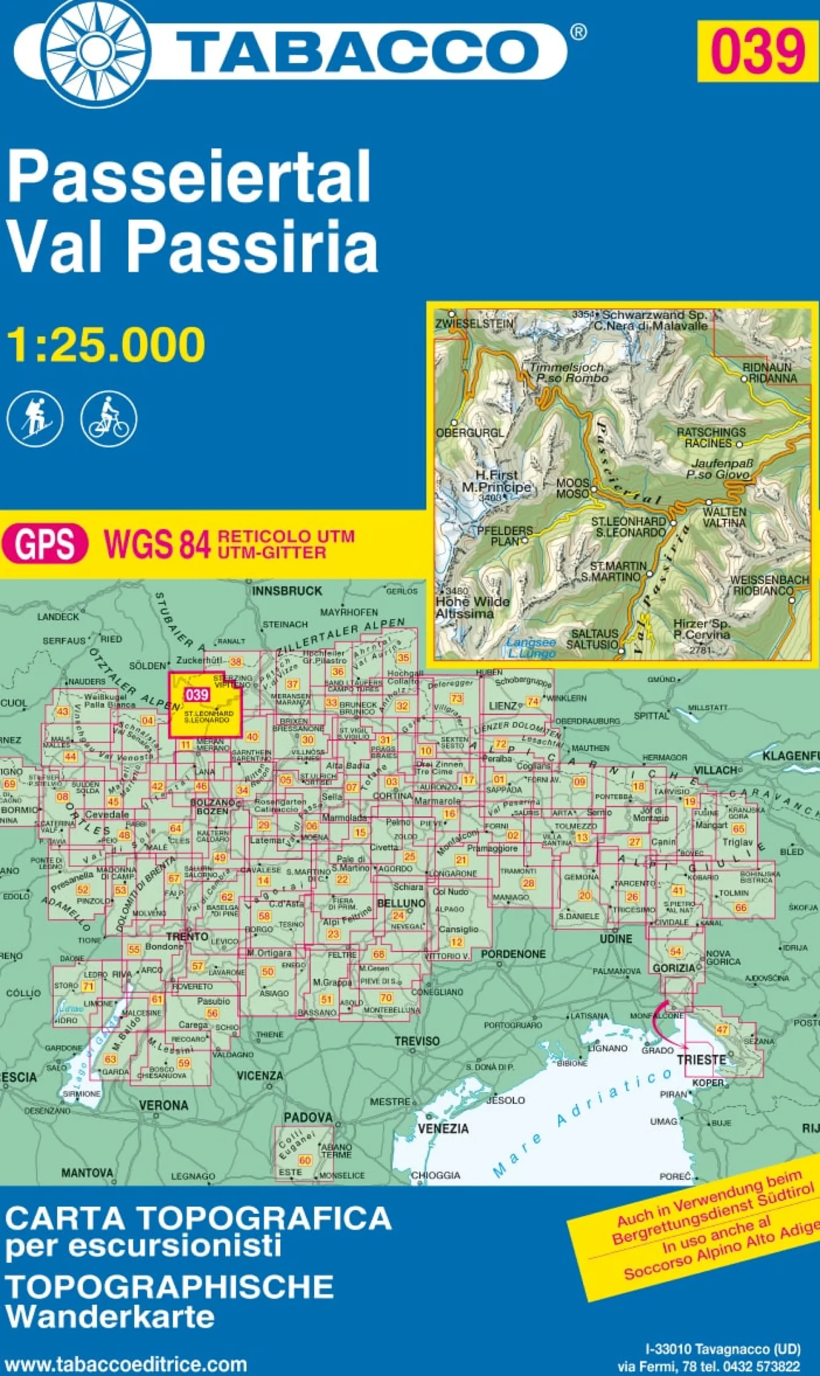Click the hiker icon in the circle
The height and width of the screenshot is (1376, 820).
click(x=34, y=419)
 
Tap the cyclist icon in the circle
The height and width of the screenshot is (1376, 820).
click(x=109, y=419)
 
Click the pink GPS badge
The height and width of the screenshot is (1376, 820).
click(x=45, y=543)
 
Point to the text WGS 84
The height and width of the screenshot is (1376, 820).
click(x=158, y=543)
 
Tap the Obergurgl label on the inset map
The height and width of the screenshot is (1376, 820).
click(x=470, y=433)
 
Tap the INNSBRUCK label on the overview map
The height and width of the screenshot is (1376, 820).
click(x=287, y=591)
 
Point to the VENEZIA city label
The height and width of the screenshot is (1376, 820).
click(x=443, y=1129)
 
